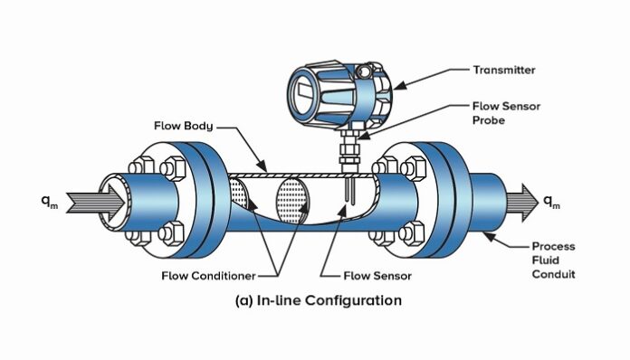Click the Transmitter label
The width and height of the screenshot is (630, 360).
point(503,69)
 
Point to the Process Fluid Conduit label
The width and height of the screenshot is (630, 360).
point(553,261)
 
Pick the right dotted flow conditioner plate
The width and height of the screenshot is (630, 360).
point(292,196)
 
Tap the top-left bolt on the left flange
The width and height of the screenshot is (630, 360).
point(141,168)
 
